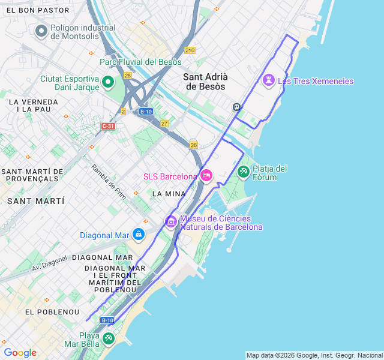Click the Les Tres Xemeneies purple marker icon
tap(269, 80)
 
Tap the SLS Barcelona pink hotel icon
tap(206, 176)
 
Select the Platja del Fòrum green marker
tap(244, 172)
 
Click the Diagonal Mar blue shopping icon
tap(139, 234)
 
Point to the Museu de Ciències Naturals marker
tap(171, 222)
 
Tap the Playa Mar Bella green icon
tap(108, 339)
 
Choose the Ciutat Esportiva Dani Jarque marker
tap(108, 82)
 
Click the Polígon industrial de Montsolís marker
tap(41, 31)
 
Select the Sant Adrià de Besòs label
tap(205, 82)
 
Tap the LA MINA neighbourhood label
tap(169, 194)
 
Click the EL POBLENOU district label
tap(52, 312)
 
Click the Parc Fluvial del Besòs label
tap(140, 62)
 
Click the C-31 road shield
tap(108, 126)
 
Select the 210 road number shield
tap(190, 50)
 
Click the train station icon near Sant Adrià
tap(237, 107)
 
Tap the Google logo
tap(20, 353)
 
